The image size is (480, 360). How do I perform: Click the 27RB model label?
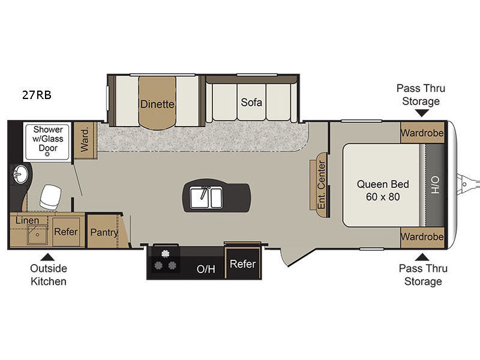[x=37, y=95]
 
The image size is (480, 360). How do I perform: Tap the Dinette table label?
[x=157, y=104]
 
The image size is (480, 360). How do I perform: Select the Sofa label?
[x=251, y=102]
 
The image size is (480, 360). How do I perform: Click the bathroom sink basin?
[x=20, y=175]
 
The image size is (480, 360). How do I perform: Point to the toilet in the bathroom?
[x=50, y=197]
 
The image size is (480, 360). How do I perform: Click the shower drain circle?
[x=47, y=154]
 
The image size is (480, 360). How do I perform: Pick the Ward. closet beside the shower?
[x=85, y=140]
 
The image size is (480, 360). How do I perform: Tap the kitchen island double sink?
[x=206, y=198]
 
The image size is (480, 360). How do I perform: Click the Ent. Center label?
[x=321, y=185]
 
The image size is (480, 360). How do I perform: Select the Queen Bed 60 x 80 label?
[x=383, y=190]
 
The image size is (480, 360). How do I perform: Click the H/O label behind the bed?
[x=435, y=184]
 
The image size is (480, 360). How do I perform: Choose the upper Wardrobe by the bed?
[x=422, y=133]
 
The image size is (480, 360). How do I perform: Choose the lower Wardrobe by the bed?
[x=422, y=237]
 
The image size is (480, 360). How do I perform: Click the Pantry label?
[x=104, y=233]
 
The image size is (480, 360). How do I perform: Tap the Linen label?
[x=27, y=220]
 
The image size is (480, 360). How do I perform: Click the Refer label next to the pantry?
[x=66, y=232]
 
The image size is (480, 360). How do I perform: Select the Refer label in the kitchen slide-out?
[x=243, y=263]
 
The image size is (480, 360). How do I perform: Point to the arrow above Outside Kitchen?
[x=47, y=257]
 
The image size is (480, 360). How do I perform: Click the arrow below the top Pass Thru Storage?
[x=422, y=113]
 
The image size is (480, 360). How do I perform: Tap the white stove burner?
[x=166, y=254]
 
